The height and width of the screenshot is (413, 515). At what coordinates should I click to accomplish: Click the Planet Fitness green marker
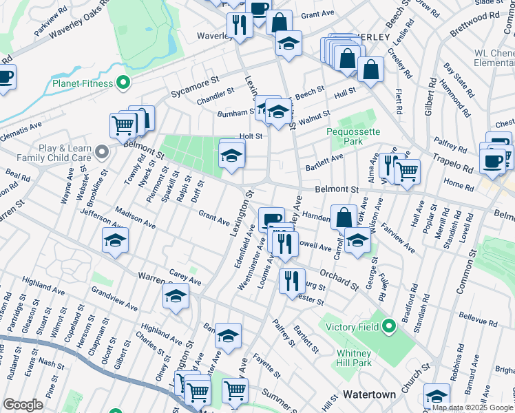pos(123,84)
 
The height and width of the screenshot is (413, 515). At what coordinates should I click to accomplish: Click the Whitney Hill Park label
pos(355,358)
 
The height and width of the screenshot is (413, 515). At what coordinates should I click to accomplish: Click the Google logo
pos(23,404)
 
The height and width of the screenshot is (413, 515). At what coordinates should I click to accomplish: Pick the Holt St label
pos(251,136)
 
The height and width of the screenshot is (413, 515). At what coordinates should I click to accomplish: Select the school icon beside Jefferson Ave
pos(115,241)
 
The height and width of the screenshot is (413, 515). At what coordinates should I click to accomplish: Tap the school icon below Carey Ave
pos(176,297)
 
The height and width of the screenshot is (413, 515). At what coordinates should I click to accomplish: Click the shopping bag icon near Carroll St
pos(344,217)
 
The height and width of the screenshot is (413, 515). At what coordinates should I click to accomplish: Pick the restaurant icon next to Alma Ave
pos(389,165)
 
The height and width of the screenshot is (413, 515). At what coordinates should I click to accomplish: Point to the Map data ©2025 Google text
pos(472,407)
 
